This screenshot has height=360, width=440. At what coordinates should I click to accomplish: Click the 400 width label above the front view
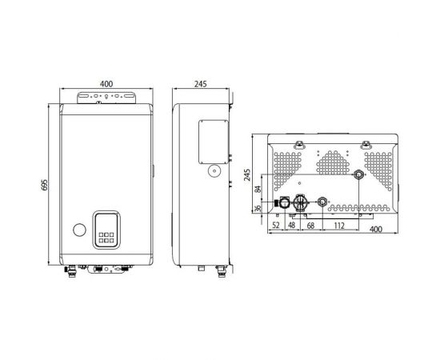click(x=106, y=83)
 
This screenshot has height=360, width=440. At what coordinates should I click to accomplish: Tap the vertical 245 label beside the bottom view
click(x=248, y=174)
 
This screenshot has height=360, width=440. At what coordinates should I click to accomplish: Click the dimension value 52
click(x=277, y=226)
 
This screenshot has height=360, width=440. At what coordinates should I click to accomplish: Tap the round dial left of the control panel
click(x=78, y=230)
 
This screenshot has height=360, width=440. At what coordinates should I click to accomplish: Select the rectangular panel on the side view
click(x=210, y=139)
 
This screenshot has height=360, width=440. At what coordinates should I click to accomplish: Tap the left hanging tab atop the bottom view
click(x=300, y=143)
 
